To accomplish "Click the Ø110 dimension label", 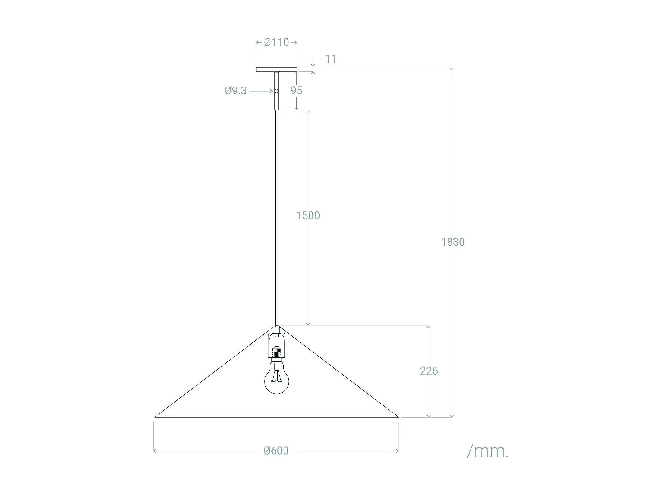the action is pos(276,42).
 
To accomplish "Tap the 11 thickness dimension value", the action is pos(330,59).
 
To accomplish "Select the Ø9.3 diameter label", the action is pos(236,91).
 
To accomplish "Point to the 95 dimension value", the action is pos(296,90).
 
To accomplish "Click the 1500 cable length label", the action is pos(308,215).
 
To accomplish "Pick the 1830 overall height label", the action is pos(453,242).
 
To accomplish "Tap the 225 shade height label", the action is pos(429,371).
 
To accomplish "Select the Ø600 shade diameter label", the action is pos(276,451).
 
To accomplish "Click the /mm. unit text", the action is pos(488,451).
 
